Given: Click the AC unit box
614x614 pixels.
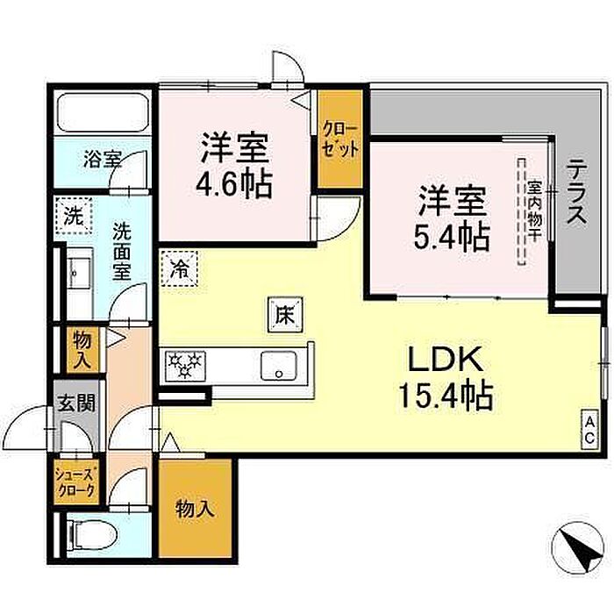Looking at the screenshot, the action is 589,430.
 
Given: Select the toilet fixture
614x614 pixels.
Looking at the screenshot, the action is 92,536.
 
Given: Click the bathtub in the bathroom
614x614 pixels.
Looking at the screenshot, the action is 103,113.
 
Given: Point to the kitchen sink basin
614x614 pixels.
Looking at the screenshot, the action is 278,366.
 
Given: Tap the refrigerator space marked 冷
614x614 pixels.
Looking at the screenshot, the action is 179,268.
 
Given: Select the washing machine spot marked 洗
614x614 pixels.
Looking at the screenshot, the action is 74,216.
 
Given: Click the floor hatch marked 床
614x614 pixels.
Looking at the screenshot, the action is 285,315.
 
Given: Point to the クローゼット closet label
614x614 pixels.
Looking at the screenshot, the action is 340,140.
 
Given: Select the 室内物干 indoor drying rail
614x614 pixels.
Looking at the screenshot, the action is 522,212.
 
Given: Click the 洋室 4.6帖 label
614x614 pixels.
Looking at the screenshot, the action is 234,166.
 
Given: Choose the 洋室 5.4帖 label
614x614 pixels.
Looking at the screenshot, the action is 452,218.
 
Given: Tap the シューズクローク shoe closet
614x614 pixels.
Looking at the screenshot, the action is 76,482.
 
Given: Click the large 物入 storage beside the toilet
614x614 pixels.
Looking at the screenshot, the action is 195,508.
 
